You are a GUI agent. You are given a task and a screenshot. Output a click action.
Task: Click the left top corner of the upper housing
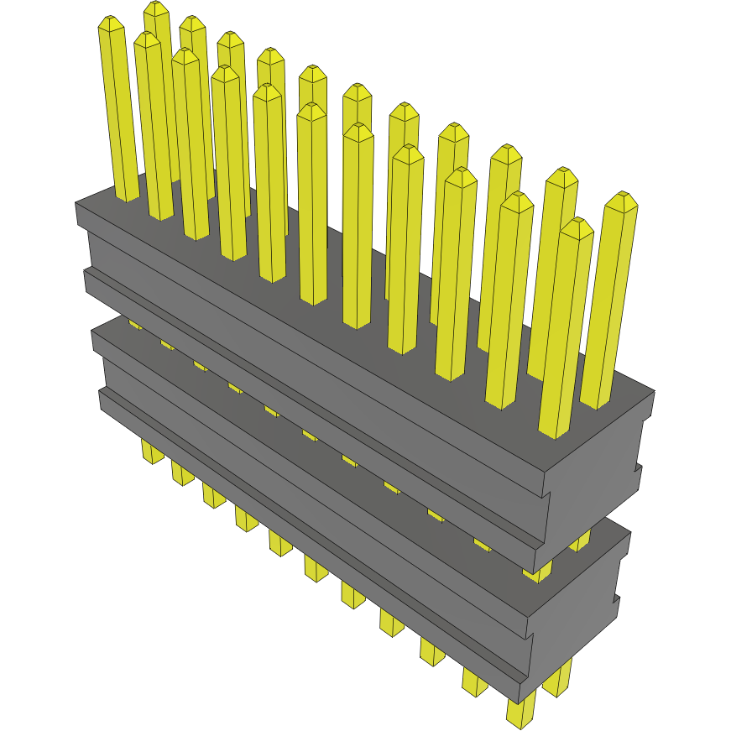point(77,203)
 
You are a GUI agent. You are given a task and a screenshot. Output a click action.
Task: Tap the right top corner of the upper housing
point(653,392)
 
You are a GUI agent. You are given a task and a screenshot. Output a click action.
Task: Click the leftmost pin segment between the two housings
point(134,323)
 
